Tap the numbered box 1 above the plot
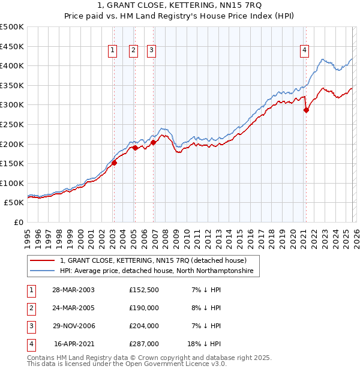112,51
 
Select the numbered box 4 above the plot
305,51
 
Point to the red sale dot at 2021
306,110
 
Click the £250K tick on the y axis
12,124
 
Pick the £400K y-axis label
12,65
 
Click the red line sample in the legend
42,261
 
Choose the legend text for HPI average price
157,272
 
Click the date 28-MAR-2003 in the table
73,290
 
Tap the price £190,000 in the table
144,308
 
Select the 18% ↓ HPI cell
203,344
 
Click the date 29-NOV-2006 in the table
73,326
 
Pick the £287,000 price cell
144,344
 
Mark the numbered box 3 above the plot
151,51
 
